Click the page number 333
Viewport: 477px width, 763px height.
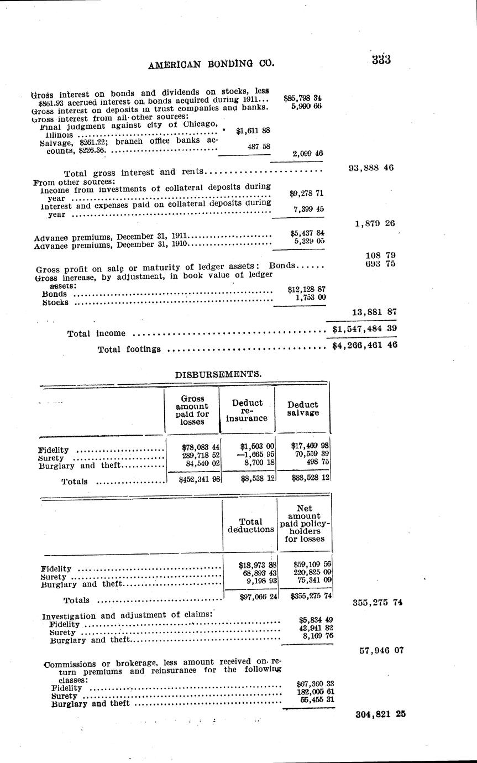[x=381, y=60]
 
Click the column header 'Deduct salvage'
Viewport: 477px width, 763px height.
[x=303, y=409]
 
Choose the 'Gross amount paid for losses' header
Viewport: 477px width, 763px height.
[x=192, y=410]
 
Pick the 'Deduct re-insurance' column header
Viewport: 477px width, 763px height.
[x=247, y=410]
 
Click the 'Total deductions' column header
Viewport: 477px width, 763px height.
[x=250, y=525]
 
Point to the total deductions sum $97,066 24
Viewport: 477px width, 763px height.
[x=257, y=596]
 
